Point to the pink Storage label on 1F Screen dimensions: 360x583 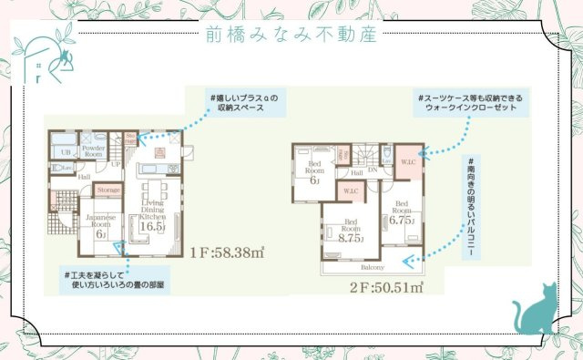point(107,190)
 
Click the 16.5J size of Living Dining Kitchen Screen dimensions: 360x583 point(153,227)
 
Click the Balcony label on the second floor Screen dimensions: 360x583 point(371,267)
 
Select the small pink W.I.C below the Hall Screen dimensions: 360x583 point(351,191)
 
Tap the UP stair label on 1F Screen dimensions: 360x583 point(116,164)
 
